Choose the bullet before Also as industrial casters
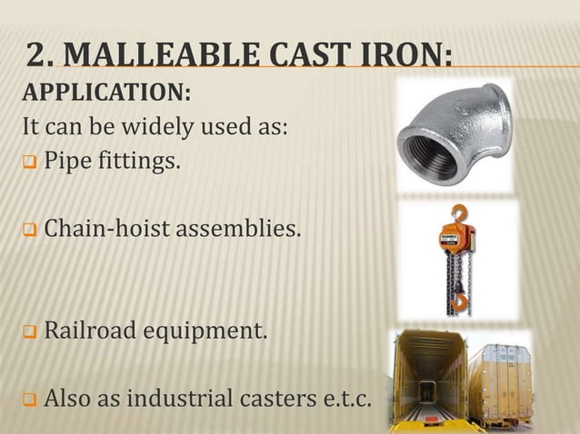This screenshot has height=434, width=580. point(29,399)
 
